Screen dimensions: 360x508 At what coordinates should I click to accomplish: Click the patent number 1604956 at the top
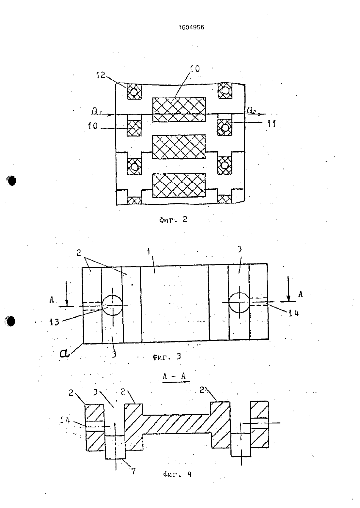(192, 27)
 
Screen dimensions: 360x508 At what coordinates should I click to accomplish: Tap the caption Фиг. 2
(173, 219)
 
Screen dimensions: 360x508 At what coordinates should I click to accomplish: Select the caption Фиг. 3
(167, 357)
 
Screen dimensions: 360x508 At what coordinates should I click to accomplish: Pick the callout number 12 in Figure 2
(101, 75)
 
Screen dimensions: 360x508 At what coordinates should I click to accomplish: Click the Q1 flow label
(97, 111)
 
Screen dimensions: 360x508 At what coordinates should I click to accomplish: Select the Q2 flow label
(251, 110)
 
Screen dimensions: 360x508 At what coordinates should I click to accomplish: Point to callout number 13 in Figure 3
(55, 322)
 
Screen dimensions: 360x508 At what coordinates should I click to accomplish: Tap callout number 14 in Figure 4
(65, 420)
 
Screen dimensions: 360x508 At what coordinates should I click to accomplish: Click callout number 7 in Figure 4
(133, 471)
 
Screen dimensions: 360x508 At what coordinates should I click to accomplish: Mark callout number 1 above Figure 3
(149, 252)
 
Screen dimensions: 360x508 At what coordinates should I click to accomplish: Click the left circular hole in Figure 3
(112, 305)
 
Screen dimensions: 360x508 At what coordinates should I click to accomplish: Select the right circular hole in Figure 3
(239, 302)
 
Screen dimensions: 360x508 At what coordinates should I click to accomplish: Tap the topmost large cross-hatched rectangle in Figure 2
(179, 110)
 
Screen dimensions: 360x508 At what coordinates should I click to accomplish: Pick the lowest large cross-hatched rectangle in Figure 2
(179, 185)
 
